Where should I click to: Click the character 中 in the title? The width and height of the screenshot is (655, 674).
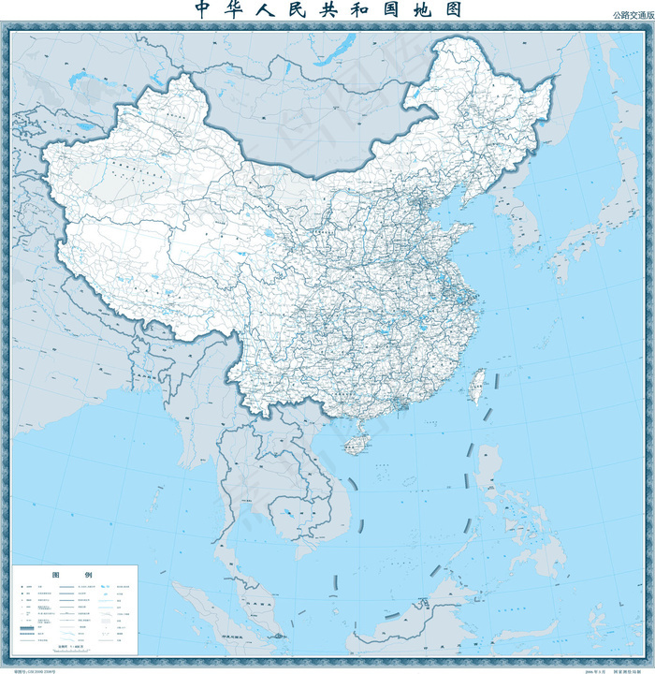[x=203, y=10]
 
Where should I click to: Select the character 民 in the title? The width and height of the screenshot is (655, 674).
[x=310, y=10]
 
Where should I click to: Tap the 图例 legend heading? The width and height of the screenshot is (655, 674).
[x=75, y=574]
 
